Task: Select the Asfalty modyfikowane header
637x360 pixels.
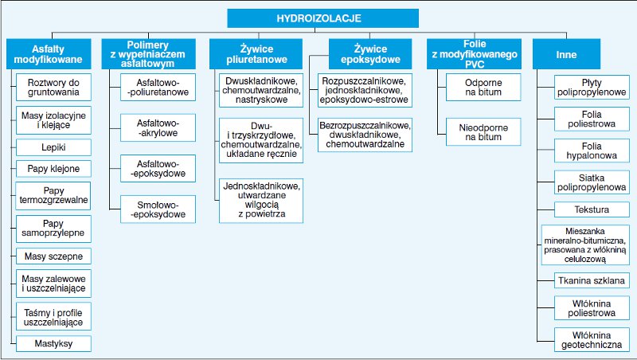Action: click(x=49, y=54)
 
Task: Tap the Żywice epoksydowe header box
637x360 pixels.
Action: click(x=370, y=54)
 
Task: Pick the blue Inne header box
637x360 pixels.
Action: click(x=566, y=54)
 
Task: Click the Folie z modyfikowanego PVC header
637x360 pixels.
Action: click(x=474, y=54)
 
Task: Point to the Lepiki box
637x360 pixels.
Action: click(x=53, y=147)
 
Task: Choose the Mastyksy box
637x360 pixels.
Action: click(x=53, y=344)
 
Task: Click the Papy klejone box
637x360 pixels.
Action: click(x=53, y=169)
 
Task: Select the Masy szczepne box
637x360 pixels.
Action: click(x=53, y=256)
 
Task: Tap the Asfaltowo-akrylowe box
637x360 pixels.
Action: click(x=158, y=128)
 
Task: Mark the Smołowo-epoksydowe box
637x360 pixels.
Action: click(x=158, y=209)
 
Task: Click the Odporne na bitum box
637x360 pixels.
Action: click(x=483, y=88)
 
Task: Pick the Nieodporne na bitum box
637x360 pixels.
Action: click(x=483, y=132)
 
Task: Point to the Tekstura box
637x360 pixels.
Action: click(x=592, y=209)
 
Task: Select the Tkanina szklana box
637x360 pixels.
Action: click(x=592, y=280)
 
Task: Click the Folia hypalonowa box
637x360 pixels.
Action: click(x=592, y=151)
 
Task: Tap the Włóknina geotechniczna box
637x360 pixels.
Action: click(x=592, y=340)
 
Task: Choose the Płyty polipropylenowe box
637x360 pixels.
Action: click(x=592, y=88)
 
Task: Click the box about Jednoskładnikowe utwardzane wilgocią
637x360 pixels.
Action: click(x=261, y=201)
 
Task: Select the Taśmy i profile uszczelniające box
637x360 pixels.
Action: click(x=53, y=316)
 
